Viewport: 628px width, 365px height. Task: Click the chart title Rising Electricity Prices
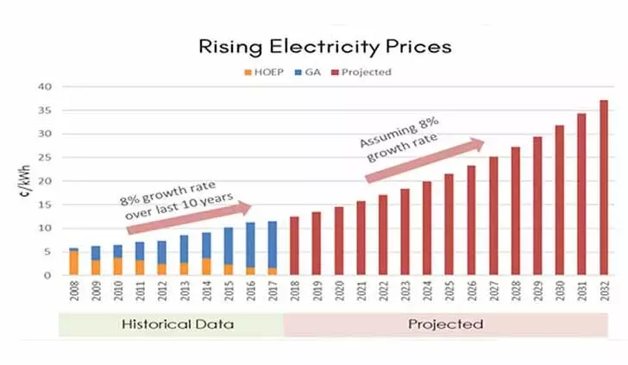coord(323,47)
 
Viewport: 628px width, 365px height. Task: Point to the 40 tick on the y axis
coord(46,87)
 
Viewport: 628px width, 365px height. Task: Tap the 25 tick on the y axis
coord(46,158)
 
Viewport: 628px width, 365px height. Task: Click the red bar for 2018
coord(294,246)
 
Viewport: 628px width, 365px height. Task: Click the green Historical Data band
coord(170,324)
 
